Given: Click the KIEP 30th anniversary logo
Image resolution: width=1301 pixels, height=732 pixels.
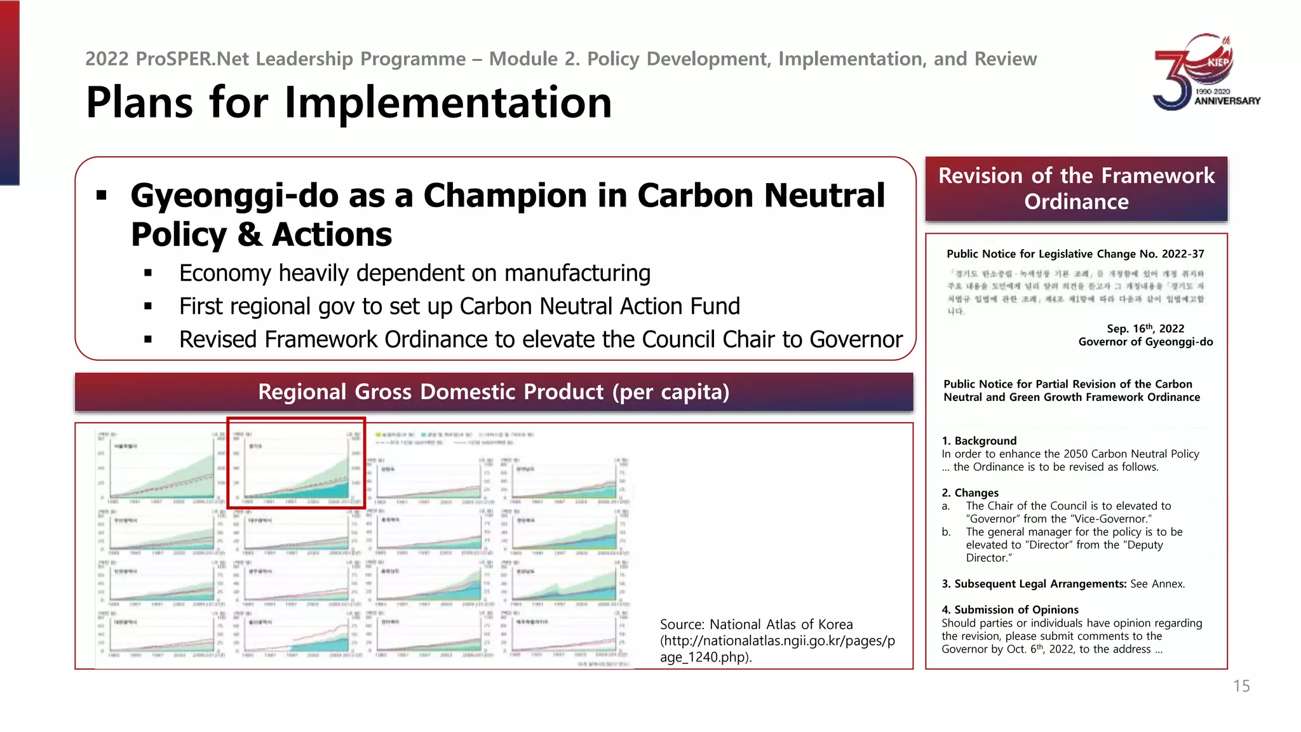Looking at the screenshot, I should (1206, 72).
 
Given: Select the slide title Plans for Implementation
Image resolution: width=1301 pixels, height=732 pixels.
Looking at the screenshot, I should (349, 103).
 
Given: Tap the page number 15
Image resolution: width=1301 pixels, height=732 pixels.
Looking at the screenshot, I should (1241, 686).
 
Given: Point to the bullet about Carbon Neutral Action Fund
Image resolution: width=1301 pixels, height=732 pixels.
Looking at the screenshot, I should (459, 306).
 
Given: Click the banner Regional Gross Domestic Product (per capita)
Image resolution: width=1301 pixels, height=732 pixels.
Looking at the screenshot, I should (494, 392).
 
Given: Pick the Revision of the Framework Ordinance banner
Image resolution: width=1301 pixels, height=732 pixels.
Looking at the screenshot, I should (1076, 189).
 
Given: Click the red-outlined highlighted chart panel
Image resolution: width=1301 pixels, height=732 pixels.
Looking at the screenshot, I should (296, 463).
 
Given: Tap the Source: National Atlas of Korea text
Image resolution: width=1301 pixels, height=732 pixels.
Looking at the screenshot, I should (756, 625).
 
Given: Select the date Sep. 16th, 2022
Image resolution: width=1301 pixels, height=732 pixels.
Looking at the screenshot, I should (1145, 329).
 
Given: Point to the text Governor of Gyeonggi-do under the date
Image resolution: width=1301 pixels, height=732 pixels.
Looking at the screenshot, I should (1145, 342).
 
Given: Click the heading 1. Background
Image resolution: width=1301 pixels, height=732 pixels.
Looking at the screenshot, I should (979, 441).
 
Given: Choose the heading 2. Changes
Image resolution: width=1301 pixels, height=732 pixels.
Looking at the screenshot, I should (970, 493).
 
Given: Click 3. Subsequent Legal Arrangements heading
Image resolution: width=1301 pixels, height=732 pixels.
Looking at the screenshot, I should (1034, 584).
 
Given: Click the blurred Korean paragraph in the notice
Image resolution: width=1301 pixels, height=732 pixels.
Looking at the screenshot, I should (1075, 292).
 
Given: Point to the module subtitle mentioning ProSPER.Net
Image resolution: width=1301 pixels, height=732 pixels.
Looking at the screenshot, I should (560, 59).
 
